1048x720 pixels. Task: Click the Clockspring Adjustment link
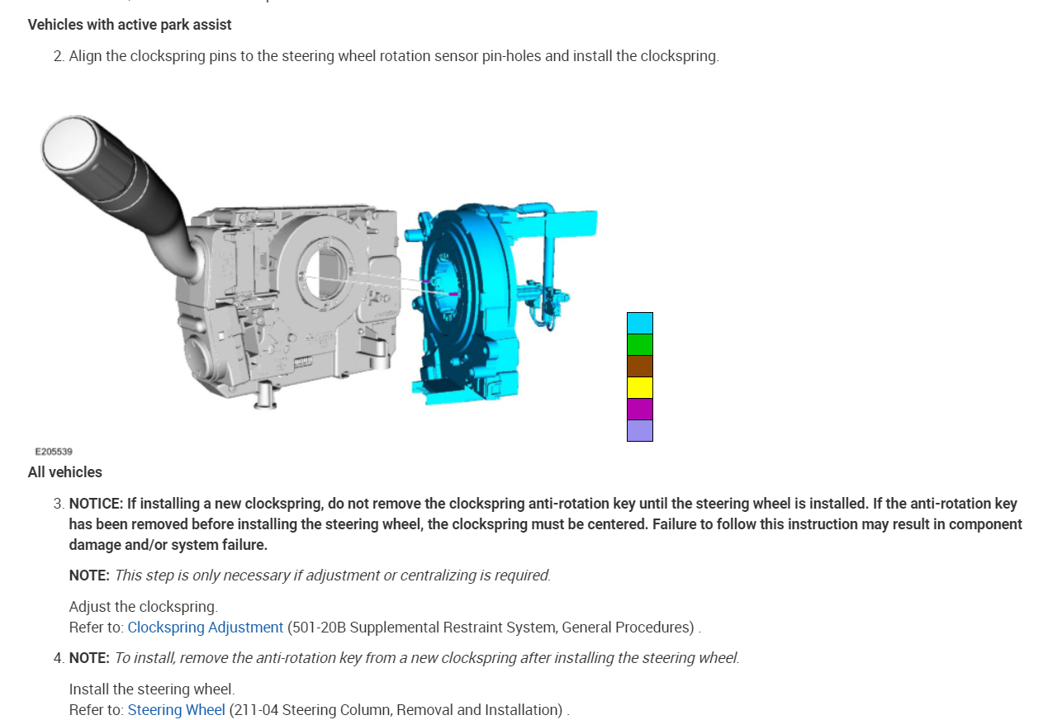coord(206,627)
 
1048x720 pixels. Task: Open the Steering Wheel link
coord(177,709)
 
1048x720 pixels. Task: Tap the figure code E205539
coord(54,452)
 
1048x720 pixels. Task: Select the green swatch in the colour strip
coord(639,344)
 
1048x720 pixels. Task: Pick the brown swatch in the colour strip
coord(639,366)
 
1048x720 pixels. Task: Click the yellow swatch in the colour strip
coord(639,387)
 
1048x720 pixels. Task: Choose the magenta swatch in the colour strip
coord(639,409)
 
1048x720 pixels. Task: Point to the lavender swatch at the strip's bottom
coord(639,430)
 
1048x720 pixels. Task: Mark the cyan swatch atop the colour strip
coord(639,324)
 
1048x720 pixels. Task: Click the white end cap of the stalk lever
coord(69,144)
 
